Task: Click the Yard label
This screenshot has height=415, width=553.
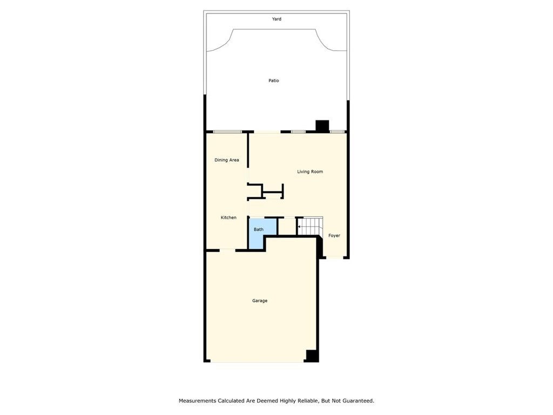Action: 276,19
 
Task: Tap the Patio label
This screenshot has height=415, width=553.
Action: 274,81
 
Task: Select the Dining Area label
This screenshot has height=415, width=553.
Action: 227,160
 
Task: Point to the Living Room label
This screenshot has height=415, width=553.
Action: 310,171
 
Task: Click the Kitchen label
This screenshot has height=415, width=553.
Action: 228,217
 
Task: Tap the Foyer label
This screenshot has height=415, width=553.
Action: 334,236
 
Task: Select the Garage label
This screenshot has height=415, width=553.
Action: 260,300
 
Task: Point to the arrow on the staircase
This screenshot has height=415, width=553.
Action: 300,227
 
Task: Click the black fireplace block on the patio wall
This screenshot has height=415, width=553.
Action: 322,126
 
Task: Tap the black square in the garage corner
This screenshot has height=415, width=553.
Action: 312,356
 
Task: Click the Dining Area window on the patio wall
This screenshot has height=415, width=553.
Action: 227,132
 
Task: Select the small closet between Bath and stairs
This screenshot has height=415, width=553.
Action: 287,226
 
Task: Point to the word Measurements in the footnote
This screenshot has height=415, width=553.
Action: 197,401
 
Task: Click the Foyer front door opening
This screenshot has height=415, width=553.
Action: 334,258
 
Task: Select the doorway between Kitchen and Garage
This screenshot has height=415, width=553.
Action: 227,251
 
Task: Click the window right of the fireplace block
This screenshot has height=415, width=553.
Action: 337,132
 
